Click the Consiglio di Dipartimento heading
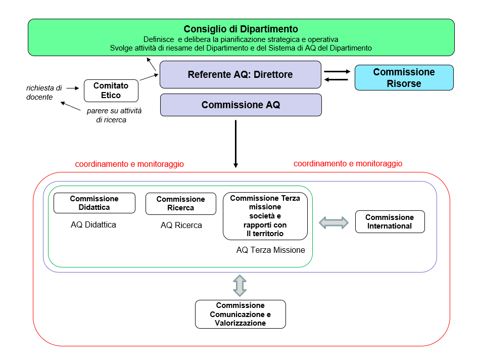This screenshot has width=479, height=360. coord(241,29)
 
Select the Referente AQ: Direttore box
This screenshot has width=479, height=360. coord(241,75)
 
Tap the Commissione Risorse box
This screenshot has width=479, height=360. coord(404,77)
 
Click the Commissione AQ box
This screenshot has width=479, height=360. coord(241,105)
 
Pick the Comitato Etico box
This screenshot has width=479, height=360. coord(111,91)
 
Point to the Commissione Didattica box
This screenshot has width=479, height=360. coord(94,203)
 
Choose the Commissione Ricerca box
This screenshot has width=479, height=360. coord(180,203)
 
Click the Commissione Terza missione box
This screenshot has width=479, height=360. coord(265,216)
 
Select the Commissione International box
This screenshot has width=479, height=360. coord(390,221)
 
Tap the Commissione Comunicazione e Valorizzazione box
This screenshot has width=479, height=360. coord(240,314)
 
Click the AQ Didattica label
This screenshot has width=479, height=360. coord(93,224)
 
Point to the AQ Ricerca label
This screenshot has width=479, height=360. coord(181,226)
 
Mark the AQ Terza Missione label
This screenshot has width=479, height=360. coord(270,250)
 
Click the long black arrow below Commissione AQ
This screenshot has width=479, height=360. coord(235,144)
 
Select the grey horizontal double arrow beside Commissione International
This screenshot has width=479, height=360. coord(334,222)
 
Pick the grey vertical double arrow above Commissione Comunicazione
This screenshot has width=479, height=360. coord(239,285)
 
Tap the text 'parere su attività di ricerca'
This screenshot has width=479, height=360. coord(114,115)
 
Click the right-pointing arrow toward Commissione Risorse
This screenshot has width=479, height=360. coord(337,72)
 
